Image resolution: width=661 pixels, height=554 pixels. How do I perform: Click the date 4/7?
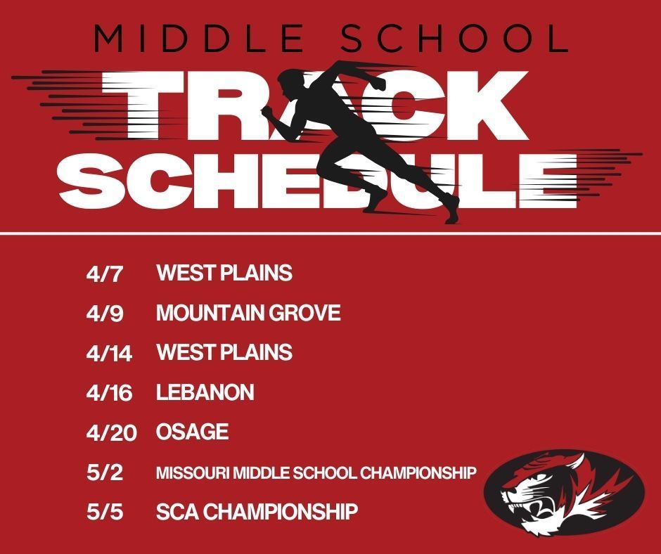[104, 273]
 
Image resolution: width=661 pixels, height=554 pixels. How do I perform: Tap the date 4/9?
[104, 313]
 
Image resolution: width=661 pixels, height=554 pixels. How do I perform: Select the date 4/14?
[109, 353]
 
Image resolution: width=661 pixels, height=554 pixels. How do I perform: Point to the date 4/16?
[109, 392]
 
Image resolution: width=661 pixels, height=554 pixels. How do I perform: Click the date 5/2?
[104, 472]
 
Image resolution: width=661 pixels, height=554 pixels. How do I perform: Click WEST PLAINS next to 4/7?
[224, 273]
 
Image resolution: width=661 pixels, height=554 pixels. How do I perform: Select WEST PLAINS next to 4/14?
[224, 352]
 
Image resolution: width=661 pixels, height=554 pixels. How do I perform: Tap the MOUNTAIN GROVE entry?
[248, 313]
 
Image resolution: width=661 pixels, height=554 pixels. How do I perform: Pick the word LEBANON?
[205, 392]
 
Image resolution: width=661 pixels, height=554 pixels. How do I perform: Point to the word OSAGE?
[192, 432]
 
